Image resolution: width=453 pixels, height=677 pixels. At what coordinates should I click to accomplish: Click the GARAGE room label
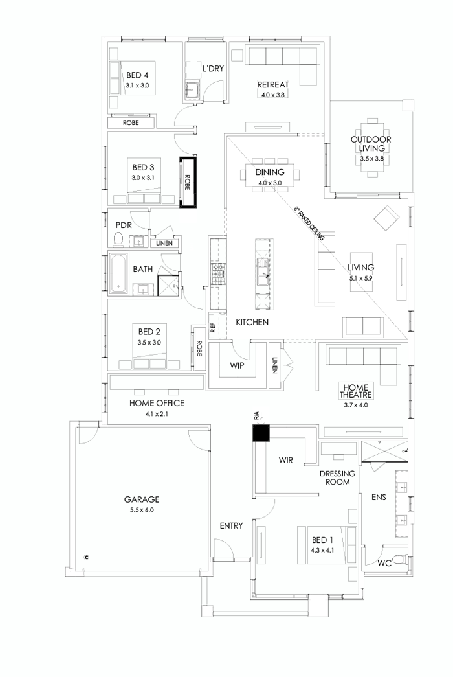[142, 499]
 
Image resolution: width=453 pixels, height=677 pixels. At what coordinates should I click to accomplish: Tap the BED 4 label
[137, 75]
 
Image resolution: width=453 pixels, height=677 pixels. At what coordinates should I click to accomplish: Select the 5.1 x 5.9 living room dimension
[361, 278]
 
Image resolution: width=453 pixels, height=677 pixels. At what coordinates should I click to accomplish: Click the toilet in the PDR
[118, 240]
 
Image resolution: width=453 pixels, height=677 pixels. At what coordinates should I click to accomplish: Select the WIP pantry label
[238, 365]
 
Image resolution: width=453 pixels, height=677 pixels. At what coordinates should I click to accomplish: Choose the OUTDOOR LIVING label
[371, 143]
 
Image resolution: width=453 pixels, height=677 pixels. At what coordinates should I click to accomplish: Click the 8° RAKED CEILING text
[309, 224]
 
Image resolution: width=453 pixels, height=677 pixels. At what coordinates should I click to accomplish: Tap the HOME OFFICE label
[157, 403]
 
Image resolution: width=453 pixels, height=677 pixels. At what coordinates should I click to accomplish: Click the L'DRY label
[213, 68]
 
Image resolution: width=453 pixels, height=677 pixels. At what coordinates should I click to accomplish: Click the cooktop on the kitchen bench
[217, 274]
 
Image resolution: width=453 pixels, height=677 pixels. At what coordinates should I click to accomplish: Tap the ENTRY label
[231, 525]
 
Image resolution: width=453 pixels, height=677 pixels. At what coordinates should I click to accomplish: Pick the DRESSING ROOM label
[338, 477]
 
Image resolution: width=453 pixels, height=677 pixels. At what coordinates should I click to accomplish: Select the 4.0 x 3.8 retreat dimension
[272, 95]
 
